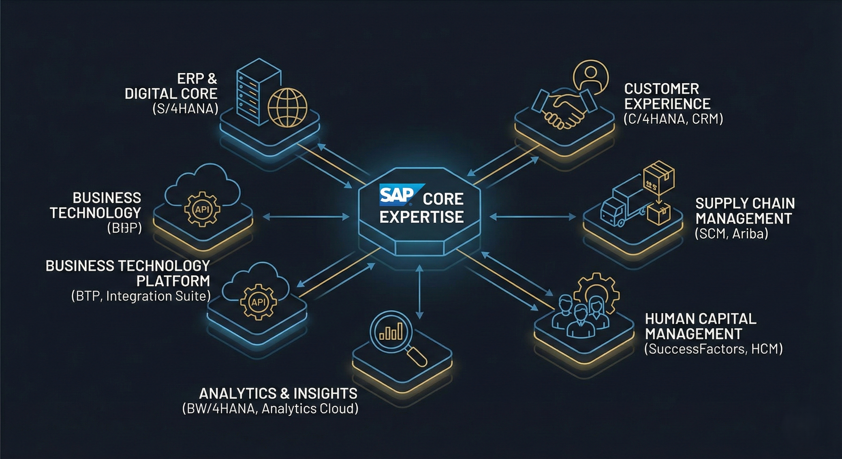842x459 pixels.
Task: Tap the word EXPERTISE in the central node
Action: coord(421,217)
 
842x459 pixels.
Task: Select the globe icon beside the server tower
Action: coord(287,108)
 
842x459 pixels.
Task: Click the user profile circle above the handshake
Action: coord(591,78)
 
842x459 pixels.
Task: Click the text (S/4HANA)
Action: coord(185,108)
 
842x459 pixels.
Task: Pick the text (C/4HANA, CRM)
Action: coord(673,119)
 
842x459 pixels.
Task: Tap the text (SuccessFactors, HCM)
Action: coord(713,349)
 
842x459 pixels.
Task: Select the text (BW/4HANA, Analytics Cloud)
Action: coord(270,409)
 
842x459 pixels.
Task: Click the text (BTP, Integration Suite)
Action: coord(141,296)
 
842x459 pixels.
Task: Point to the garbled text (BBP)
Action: coord(124,228)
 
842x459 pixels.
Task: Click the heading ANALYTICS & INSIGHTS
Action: coord(278,393)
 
